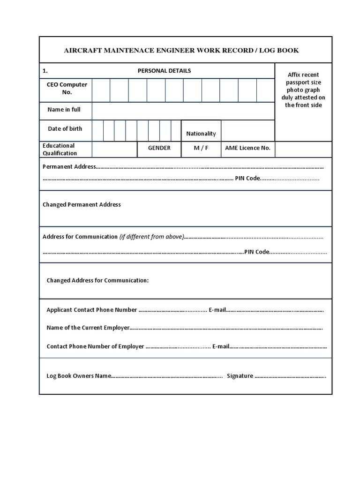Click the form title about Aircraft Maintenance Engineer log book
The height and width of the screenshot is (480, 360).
(181, 50)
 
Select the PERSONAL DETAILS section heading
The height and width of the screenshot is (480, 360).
(164, 71)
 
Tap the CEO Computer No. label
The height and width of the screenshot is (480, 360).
(67, 89)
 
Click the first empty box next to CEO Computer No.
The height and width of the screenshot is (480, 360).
(101, 90)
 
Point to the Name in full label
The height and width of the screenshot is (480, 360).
(64, 110)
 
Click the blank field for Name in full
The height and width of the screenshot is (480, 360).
(183, 111)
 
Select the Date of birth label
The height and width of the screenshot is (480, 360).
(65, 129)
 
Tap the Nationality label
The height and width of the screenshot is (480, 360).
(201, 134)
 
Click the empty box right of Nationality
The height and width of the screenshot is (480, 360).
(247, 131)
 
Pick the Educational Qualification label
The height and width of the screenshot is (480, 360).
(60, 150)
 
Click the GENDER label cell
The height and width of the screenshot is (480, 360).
(159, 148)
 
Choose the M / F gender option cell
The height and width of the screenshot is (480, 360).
(201, 148)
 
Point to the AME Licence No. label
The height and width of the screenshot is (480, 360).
(247, 148)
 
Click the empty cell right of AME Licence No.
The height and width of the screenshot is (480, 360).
(303, 150)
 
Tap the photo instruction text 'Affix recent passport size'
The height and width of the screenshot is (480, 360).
(303, 78)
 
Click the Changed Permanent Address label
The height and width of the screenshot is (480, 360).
(82, 205)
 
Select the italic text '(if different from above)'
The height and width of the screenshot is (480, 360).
(151, 237)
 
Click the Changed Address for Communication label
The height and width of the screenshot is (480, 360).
(97, 280)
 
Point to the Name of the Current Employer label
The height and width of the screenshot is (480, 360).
(88, 328)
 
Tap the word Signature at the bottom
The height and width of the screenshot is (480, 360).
(240, 376)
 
